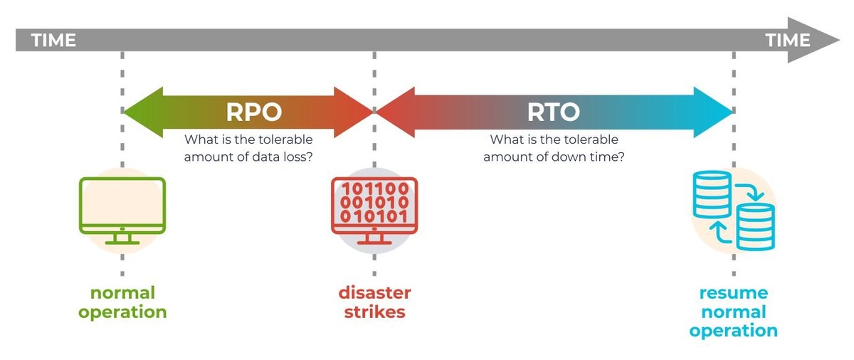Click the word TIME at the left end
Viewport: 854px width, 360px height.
[53, 41]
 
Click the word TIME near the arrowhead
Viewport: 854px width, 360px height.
[788, 41]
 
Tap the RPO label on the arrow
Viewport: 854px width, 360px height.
[254, 112]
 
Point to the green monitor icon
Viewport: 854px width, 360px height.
[122, 210]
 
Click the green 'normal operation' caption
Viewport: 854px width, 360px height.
[122, 302]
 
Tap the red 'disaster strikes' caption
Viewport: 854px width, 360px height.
[374, 302]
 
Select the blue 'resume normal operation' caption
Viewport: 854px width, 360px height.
[733, 312]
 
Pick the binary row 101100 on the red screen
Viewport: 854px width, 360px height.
[374, 189]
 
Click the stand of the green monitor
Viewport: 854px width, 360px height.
[122, 238]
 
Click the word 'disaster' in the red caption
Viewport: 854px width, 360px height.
[374, 293]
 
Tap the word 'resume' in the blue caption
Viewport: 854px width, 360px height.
[733, 293]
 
